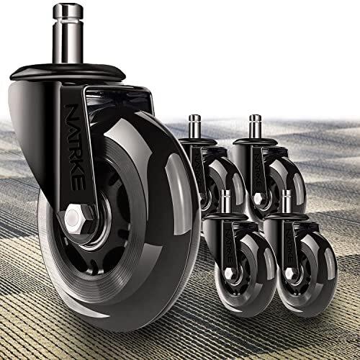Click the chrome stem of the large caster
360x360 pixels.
tap(68, 34)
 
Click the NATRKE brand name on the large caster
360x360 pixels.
tap(74, 147)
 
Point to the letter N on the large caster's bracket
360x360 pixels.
tap(71, 111)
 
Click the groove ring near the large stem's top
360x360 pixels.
tap(68, 21)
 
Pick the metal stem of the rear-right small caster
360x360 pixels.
tap(255, 127)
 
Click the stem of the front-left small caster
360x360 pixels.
tap(225, 202)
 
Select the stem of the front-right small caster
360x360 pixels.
tap(287, 202)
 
